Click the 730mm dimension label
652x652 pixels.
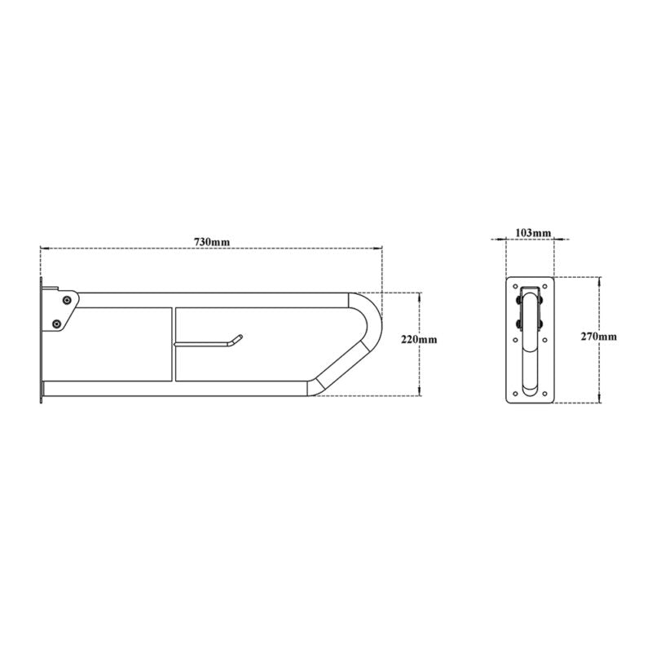[212, 241]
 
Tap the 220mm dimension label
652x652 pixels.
[419, 339]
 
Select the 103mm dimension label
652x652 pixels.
[533, 233]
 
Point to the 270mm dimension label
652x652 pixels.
[599, 337]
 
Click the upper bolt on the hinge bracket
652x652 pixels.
[67, 300]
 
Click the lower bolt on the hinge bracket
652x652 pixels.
[56, 323]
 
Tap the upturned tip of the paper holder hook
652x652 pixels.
[240, 337]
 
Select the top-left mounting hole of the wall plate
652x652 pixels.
[516, 287]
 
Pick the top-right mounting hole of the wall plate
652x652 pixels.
[544, 287]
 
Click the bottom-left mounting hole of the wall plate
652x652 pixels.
[516, 393]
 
